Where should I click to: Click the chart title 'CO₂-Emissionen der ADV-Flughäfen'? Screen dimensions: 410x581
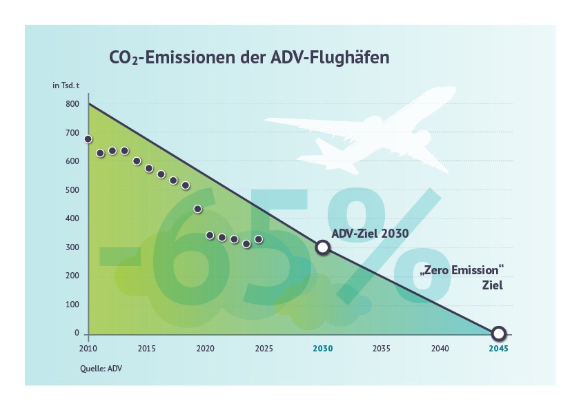click(249, 57)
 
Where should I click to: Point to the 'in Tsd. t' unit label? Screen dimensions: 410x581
click(66, 85)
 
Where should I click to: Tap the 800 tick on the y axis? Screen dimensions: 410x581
click(72, 105)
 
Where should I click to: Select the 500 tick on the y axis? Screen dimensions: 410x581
click(72, 190)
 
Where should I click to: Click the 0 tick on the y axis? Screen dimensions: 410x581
click(77, 334)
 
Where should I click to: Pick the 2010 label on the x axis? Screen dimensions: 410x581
click(87, 349)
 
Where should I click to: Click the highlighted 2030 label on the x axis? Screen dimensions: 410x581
click(322, 349)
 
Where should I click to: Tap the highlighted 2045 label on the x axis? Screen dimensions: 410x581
click(498, 349)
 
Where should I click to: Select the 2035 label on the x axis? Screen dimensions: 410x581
click(381, 349)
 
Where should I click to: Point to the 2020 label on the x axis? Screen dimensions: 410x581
click(205, 349)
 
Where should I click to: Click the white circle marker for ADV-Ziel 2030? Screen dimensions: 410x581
click(322, 247)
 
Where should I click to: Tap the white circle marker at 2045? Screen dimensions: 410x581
click(499, 334)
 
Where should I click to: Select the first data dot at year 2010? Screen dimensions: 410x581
click(88, 139)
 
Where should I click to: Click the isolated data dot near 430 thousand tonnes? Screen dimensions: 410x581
click(198, 209)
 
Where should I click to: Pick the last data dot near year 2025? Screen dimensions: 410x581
click(259, 239)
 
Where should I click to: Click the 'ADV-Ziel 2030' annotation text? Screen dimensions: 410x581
click(370, 234)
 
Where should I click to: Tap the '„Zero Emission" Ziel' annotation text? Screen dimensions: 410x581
click(458, 277)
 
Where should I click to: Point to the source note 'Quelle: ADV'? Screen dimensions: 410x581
click(101, 368)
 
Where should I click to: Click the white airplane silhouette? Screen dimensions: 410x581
click(359, 134)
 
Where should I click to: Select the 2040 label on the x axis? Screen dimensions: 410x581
click(440, 349)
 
